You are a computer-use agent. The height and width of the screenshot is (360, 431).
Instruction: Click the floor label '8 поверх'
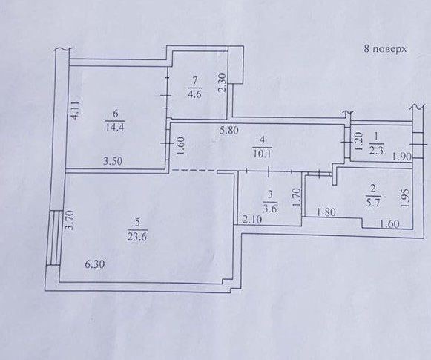(x=385, y=49)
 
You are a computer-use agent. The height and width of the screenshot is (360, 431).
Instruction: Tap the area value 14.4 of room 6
(x=115, y=127)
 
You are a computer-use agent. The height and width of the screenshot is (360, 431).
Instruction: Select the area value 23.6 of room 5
(x=138, y=237)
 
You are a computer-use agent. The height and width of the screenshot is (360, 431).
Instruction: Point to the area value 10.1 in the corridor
(x=263, y=153)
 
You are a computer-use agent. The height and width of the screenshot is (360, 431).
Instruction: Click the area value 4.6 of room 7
(x=194, y=94)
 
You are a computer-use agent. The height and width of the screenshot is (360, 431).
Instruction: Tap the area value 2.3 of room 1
(x=377, y=151)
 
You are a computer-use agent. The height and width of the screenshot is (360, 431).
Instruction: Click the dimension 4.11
(x=75, y=110)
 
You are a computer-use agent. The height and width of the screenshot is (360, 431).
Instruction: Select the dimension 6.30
(x=94, y=264)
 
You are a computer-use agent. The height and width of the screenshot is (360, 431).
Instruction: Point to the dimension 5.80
(x=228, y=130)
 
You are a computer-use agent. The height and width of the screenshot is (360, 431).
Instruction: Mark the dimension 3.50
(x=113, y=161)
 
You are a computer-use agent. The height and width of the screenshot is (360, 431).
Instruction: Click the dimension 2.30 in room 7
(x=223, y=82)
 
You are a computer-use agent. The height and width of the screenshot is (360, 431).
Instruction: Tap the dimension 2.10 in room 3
(x=252, y=219)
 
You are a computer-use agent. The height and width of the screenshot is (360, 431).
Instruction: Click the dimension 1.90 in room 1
(x=402, y=157)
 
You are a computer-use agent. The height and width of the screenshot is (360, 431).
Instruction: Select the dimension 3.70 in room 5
(x=69, y=220)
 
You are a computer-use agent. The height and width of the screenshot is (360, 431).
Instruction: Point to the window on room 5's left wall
(x=53, y=238)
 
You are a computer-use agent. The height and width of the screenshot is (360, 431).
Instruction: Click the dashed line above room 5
(x=194, y=171)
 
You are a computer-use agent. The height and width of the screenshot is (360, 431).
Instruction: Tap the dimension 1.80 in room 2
(x=326, y=212)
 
